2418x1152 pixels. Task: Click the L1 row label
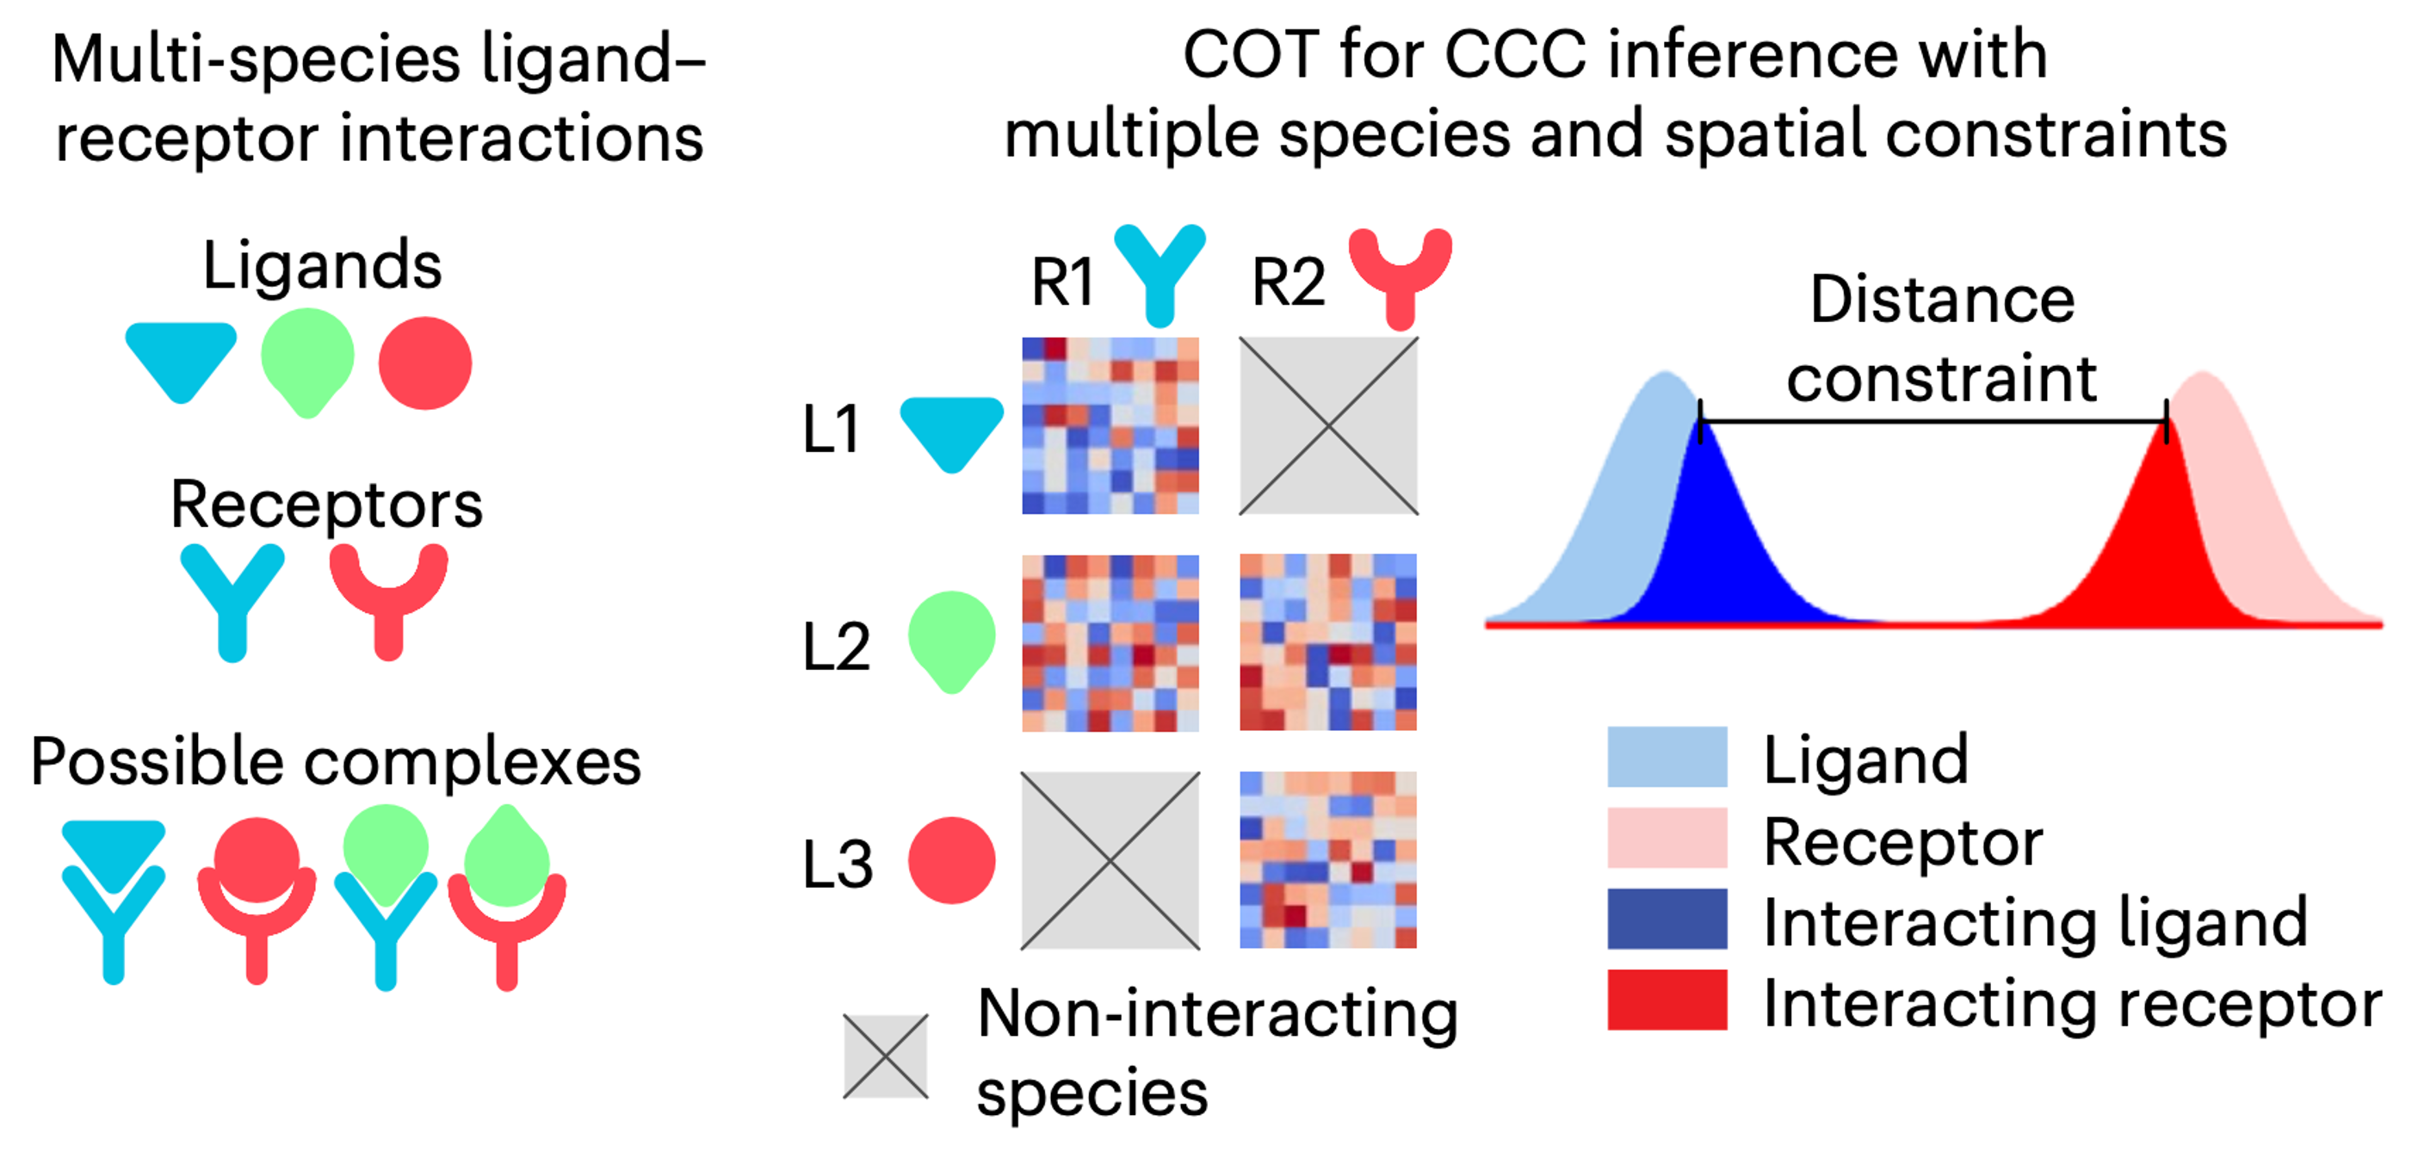click(x=831, y=430)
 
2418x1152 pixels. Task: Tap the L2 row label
click(x=837, y=647)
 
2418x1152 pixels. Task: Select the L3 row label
click(x=838, y=864)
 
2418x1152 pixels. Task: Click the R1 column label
click(x=1062, y=281)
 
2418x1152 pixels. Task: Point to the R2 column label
click(x=1288, y=281)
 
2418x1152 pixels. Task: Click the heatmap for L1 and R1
click(x=1110, y=425)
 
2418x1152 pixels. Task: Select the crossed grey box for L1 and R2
click(x=1328, y=425)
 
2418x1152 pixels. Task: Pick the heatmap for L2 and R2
click(x=1328, y=642)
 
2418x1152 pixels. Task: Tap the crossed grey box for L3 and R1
click(x=1110, y=860)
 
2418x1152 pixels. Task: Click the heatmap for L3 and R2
click(x=1328, y=860)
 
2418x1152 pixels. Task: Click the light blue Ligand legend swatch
click(x=1667, y=757)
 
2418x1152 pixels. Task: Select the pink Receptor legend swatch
click(x=1667, y=838)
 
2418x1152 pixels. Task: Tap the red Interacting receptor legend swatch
click(x=1667, y=999)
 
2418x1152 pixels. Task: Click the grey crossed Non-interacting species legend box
click(x=885, y=1056)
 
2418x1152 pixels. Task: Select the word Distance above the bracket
click(x=1941, y=300)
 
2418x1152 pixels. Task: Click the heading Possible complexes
click(x=335, y=760)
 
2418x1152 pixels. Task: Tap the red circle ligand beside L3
click(x=951, y=860)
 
